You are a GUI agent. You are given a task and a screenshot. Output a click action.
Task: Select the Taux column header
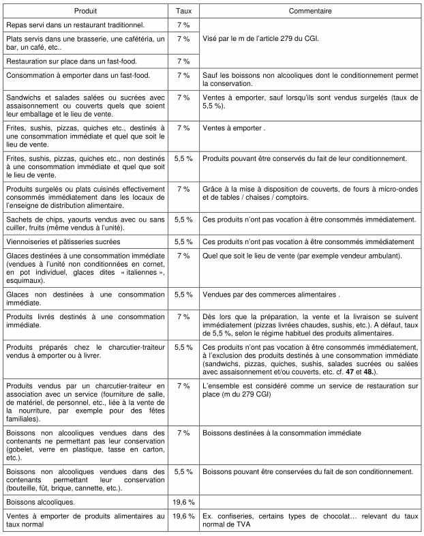click(x=183, y=12)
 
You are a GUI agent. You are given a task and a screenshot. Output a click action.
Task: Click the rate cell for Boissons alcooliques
click(x=183, y=501)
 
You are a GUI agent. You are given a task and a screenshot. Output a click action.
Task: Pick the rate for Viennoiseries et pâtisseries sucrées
click(x=183, y=242)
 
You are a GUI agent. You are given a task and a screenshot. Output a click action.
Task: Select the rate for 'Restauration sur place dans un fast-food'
click(x=183, y=61)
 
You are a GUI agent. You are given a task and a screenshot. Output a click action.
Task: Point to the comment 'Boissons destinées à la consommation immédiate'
click(x=282, y=433)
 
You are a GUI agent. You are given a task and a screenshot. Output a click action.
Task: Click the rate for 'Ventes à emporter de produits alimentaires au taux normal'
click(x=183, y=516)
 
